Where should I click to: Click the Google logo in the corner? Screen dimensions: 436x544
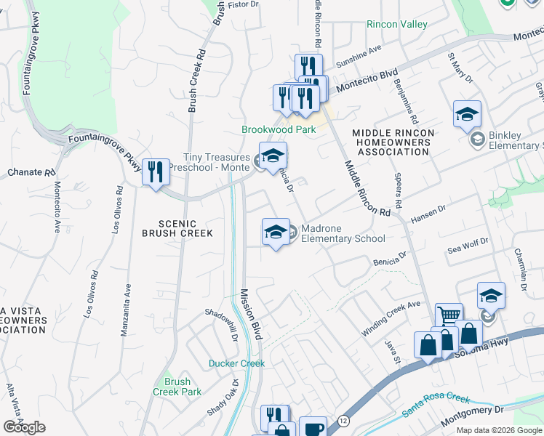(x=24, y=427)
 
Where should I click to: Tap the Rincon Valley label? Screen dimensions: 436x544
(x=397, y=25)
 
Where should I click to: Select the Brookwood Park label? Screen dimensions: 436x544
(x=279, y=129)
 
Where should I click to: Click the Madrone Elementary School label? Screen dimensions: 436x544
(x=343, y=233)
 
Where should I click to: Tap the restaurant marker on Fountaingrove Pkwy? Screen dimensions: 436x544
(x=156, y=172)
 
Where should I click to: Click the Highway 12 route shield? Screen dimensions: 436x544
(x=343, y=421)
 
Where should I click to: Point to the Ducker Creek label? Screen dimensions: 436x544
(x=236, y=363)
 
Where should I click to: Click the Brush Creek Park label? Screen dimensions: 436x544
(x=177, y=387)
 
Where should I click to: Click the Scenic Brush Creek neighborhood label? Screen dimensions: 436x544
(x=177, y=227)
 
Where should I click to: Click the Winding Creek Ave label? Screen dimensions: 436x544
(x=391, y=318)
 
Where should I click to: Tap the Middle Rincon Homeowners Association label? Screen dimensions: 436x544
(x=393, y=142)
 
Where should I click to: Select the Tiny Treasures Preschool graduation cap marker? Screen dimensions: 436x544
(x=273, y=156)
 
